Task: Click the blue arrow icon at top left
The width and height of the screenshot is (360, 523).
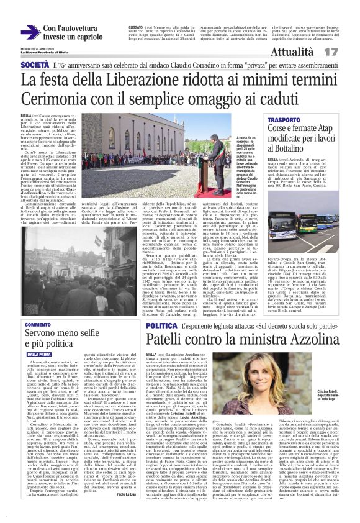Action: (29, 33)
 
